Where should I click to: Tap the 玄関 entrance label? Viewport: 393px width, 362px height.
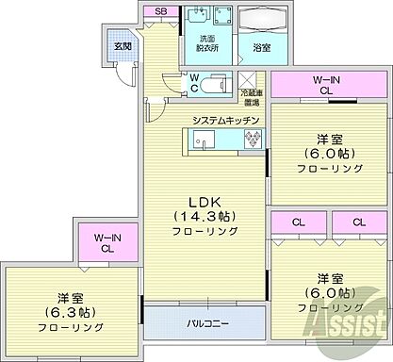click(123, 45)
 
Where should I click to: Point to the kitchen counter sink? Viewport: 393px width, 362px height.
click(204, 140)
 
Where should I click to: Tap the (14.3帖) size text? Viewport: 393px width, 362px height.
click(203, 218)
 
